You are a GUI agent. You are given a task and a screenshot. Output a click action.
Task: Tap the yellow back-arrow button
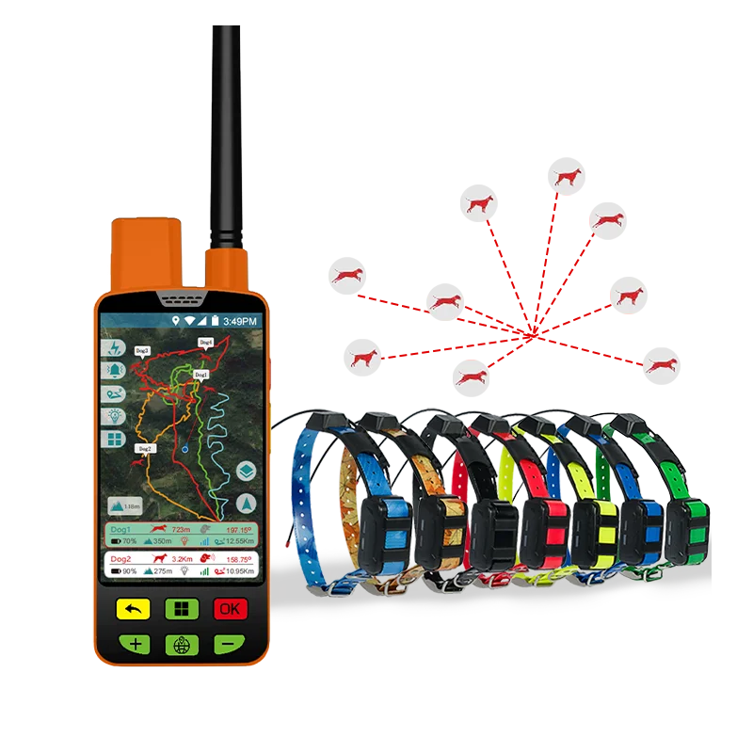[x=133, y=609]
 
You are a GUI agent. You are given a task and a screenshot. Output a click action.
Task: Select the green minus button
[x=229, y=645]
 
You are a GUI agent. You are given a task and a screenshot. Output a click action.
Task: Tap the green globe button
[x=181, y=645]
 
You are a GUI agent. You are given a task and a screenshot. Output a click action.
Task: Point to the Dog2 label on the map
[x=143, y=449]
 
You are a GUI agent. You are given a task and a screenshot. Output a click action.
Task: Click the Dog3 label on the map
[x=142, y=350]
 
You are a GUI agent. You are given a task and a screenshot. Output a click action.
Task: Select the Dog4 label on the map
[x=205, y=341]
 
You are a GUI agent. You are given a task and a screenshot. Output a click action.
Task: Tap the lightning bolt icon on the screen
[x=116, y=346]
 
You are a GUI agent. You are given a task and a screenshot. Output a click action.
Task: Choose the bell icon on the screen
[x=116, y=370]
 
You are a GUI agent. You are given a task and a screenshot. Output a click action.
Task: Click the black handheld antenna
[x=226, y=132]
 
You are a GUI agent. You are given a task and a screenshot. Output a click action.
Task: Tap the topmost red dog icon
[x=568, y=176]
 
